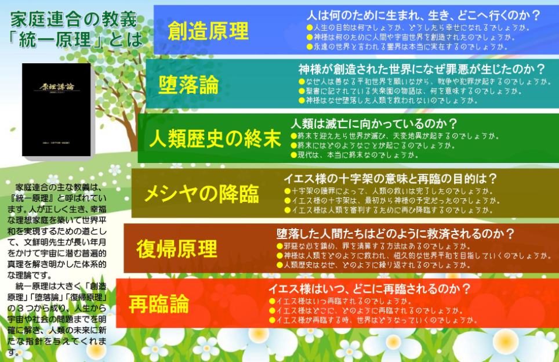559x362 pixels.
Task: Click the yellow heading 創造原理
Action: tap(208, 31)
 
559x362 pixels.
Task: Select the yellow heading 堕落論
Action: tap(188, 85)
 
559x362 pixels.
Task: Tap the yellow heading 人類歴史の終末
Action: tap(215, 139)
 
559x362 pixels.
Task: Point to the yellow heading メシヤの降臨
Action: tap(201, 194)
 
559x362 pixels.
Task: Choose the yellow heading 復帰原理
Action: tap(177, 249)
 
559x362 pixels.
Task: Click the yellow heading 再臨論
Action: tap(159, 304)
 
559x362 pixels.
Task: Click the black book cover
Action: tap(56, 110)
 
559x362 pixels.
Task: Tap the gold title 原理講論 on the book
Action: tap(57, 86)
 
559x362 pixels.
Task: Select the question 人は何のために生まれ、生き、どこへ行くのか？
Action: tap(423, 15)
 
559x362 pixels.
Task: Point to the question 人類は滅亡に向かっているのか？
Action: tap(374, 124)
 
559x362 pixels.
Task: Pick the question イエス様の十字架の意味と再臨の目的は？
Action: tap(390, 178)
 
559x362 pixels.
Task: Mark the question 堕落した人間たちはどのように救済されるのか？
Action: tap(395, 234)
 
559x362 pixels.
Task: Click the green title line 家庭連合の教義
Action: tap(74, 19)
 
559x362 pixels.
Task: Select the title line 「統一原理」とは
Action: tap(75, 39)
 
